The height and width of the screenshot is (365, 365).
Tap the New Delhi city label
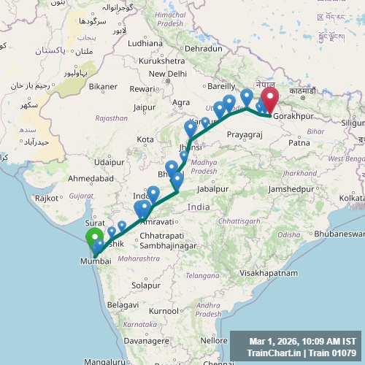pyautogui.click(x=168, y=74)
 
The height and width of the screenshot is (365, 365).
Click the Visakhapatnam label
pyautogui.click(x=269, y=272)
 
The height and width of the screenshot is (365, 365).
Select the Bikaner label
pyautogui.click(x=103, y=87)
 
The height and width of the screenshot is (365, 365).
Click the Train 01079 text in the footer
pyautogui.click(x=332, y=353)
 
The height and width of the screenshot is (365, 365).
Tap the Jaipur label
pyautogui.click(x=146, y=107)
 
